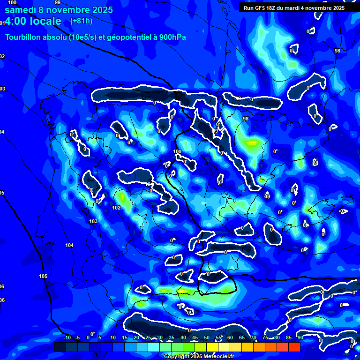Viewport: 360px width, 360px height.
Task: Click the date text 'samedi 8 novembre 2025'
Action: tap(59, 10)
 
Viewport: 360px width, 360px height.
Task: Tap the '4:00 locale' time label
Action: tap(33, 21)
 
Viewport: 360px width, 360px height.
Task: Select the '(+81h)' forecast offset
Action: tap(81, 21)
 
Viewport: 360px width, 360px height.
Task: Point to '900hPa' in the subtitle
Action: tap(171, 37)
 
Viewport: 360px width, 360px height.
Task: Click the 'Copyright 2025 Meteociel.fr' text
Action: tap(199, 357)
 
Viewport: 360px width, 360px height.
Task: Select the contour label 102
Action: tap(117, 208)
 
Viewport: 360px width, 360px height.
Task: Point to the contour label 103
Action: tap(93, 221)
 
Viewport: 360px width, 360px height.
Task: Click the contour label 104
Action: tap(69, 245)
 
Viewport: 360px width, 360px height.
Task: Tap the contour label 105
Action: tap(44, 276)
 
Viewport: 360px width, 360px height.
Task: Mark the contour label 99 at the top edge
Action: tap(58, 2)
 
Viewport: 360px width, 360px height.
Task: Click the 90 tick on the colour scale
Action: tap(300, 337)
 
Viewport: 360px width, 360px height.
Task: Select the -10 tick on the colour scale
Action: tap(67, 337)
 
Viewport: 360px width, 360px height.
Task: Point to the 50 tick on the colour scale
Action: tap(207, 337)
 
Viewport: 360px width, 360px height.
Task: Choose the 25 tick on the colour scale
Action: tap(148, 337)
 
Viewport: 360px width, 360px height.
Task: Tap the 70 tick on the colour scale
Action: tap(254, 337)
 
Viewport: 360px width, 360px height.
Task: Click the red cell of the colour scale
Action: tap(294, 347)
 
